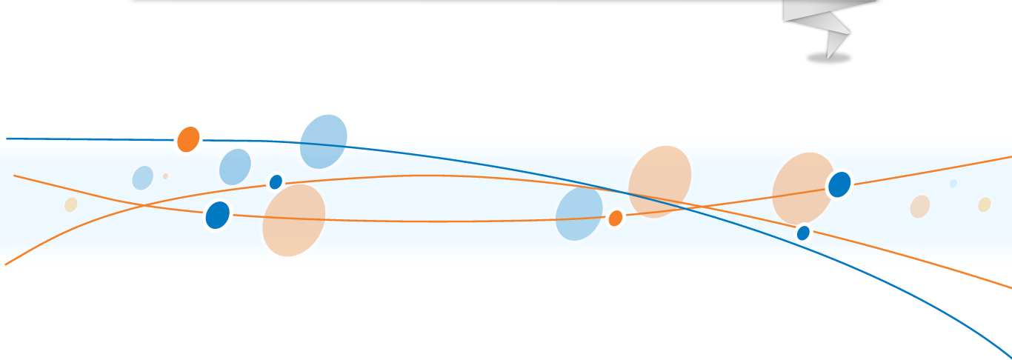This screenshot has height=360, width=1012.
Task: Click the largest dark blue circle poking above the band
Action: pos(324,141)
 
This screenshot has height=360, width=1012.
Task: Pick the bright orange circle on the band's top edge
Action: pos(188,139)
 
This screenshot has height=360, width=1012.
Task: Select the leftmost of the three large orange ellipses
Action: pos(293,220)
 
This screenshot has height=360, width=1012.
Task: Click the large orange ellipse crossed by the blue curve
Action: pos(659,181)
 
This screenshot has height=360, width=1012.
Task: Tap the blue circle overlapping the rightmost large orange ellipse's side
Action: pos(839,184)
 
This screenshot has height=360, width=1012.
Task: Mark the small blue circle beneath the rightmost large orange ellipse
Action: pos(803,233)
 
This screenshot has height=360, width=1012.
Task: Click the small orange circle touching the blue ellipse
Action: pos(615,219)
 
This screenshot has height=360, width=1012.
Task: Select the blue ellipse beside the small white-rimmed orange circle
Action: pos(578,214)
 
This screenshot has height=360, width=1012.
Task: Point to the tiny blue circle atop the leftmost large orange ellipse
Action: pos(276,181)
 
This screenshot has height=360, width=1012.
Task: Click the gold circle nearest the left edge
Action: pos(70,204)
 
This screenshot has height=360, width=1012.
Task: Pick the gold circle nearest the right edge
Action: pos(984,204)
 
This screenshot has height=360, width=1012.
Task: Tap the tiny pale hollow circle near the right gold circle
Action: pos(953,184)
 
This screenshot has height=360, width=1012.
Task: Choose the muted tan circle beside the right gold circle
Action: pos(919,207)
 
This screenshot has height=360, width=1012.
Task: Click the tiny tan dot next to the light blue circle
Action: pos(165,176)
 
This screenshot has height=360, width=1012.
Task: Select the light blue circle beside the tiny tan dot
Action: pos(142,178)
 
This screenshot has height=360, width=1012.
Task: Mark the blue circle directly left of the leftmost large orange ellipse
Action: pos(217,215)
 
